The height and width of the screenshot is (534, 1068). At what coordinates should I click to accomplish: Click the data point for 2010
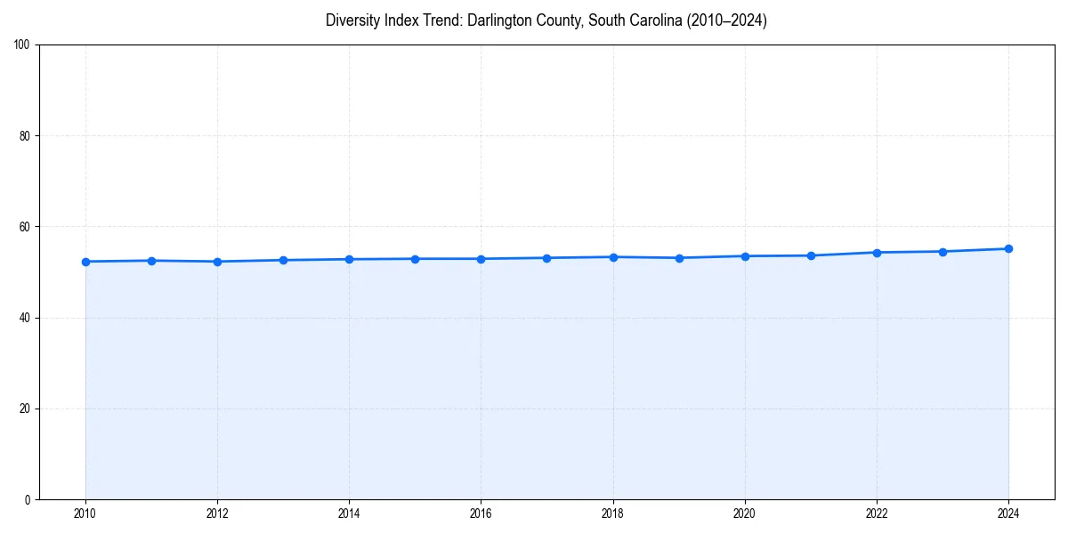coord(85,262)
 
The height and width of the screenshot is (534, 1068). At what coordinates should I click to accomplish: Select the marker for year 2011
coord(151,261)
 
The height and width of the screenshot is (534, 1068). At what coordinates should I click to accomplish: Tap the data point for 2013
coord(283,260)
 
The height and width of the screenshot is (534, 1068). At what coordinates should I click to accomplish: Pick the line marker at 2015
coord(415,259)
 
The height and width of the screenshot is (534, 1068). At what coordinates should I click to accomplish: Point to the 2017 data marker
coord(546,258)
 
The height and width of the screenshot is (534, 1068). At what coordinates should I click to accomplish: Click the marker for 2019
coord(679,258)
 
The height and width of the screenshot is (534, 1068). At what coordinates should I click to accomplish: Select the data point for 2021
coord(811,255)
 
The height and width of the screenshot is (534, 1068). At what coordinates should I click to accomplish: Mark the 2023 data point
coord(943,251)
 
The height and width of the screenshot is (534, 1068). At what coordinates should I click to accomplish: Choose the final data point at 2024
coord(1008,248)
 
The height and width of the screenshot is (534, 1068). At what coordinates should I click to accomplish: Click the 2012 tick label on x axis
coord(217,514)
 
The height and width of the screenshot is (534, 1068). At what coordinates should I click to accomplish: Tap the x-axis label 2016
coord(481,514)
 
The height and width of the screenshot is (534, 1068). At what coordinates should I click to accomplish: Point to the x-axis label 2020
coord(745,514)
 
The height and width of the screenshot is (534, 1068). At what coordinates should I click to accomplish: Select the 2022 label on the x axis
coord(877,514)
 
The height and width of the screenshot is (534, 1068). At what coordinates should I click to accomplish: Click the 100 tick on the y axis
coord(22,45)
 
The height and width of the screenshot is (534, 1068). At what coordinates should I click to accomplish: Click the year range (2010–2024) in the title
coord(724,20)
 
